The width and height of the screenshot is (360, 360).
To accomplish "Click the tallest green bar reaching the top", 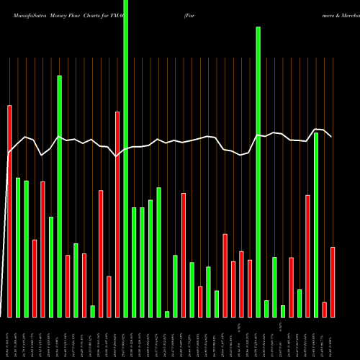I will pos(126,158).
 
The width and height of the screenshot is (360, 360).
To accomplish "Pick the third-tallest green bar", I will pos(60,196).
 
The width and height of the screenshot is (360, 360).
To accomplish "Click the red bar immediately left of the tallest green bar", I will pos(117,214).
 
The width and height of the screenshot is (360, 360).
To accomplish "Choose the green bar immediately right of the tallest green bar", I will pos(134,262).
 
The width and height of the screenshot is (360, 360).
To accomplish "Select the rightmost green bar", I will pos(316,225).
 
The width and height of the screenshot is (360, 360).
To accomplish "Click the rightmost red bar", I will pos(333,282).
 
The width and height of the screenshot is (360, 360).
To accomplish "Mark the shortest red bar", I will pos(324,310).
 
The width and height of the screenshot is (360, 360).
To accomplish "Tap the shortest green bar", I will pos(167,314).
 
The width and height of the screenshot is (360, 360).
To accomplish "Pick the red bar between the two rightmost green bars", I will pos(307,256).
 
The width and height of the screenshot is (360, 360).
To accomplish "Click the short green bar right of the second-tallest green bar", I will pos(266,308).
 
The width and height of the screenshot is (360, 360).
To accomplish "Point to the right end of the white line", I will pos(331,136).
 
